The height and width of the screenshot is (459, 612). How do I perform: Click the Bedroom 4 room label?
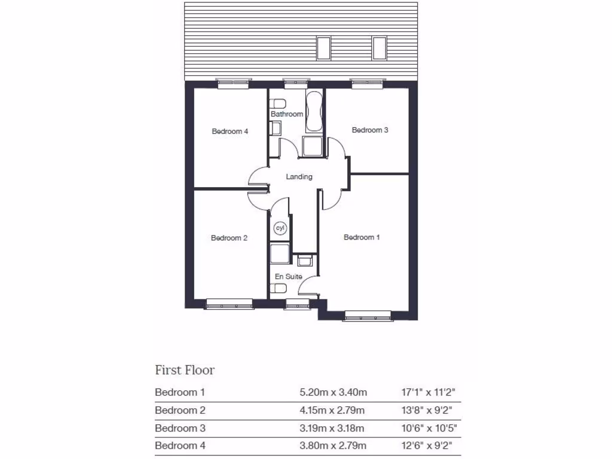[229, 131]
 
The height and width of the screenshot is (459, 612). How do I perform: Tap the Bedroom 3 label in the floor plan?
[370, 130]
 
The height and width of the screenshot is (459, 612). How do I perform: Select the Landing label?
[299, 176]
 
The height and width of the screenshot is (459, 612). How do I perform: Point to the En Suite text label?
[288, 276]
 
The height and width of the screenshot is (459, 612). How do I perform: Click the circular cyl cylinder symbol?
[280, 228]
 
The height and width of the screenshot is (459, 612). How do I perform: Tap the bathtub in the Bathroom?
[314, 112]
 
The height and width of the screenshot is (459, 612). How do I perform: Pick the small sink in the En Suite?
[305, 261]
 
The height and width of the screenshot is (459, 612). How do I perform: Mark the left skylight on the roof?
[323, 48]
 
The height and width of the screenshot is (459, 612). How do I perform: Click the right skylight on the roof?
[379, 48]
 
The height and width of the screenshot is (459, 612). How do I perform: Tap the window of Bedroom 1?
[367, 316]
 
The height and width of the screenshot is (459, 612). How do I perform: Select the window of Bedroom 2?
[229, 304]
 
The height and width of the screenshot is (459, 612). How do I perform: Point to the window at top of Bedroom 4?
[232, 84]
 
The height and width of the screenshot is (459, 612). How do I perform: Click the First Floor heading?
[185, 370]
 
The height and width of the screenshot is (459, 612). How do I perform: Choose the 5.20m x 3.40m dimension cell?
[333, 393]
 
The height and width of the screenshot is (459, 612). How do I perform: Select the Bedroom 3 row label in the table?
[180, 428]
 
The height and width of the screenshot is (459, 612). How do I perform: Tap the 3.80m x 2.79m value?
[333, 446]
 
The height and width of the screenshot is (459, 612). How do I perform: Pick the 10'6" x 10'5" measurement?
[430, 428]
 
